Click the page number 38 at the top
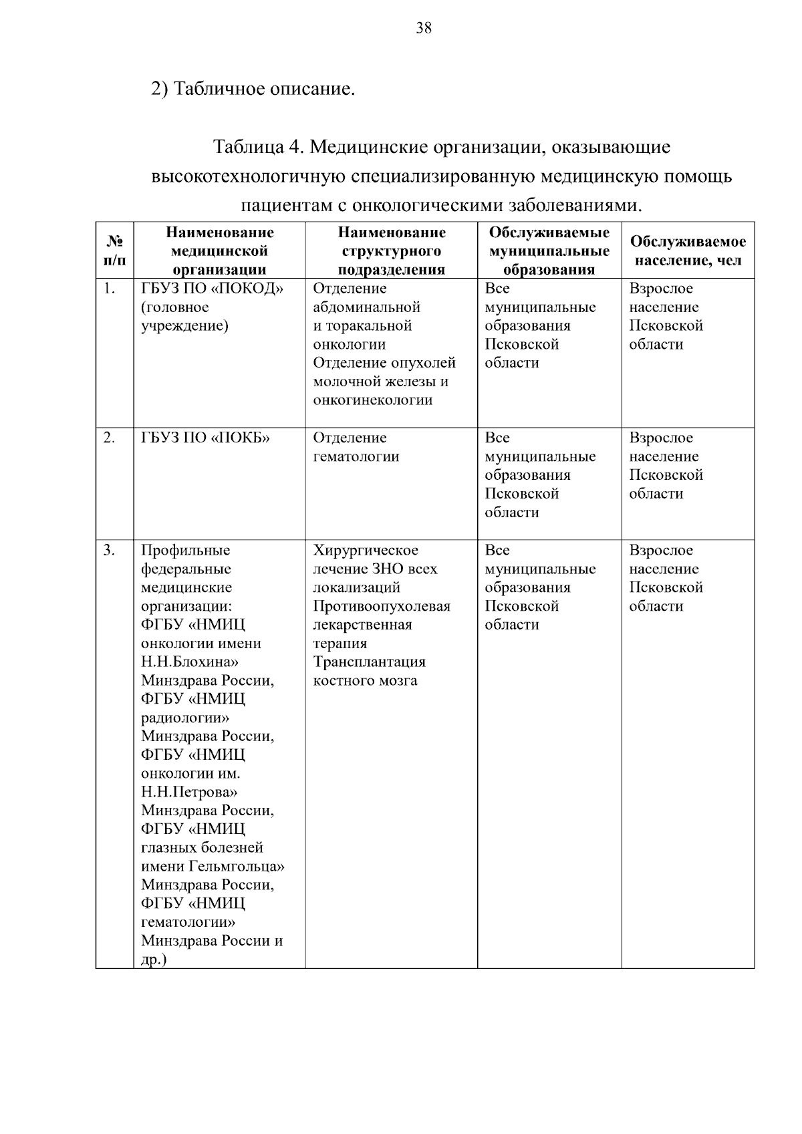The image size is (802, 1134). coord(424,28)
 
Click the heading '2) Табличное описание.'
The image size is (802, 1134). coord(253,88)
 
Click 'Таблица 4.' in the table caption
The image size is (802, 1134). coord(258,146)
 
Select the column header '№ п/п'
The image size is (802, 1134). coord(114,250)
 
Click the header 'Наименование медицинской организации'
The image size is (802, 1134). coord(219,251)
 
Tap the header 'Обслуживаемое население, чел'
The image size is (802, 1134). coord(688,251)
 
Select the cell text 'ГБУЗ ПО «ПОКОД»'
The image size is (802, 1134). coord(213,289)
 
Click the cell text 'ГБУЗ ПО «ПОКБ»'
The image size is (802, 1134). coord(205,438)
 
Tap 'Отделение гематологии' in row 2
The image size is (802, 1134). coord(356,447)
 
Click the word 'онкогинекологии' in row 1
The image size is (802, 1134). coord(372,400)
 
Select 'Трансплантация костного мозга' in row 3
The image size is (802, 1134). coord(369,671)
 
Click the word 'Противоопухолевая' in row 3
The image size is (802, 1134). coord(382,606)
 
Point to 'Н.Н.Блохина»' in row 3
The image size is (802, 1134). coord(190,662)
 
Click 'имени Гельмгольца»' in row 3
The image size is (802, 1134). coord(213,866)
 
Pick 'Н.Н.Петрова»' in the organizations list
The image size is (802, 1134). coord(189,792)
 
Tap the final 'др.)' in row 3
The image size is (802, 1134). coord(154,960)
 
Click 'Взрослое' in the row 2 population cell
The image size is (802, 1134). coord(661,438)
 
